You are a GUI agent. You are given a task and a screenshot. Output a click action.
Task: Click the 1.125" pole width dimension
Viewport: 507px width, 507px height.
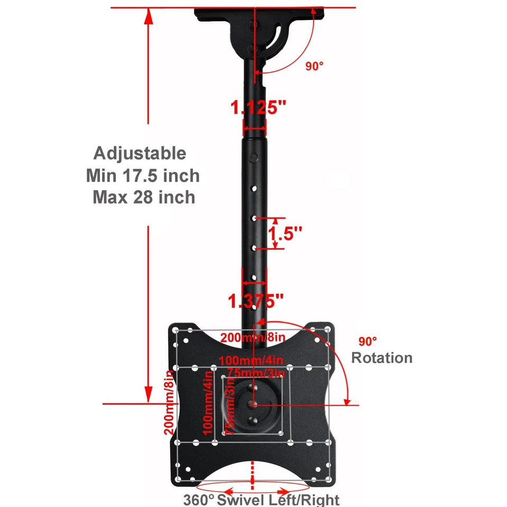(x=258, y=108)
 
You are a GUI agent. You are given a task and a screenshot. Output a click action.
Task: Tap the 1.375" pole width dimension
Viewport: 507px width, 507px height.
(x=256, y=302)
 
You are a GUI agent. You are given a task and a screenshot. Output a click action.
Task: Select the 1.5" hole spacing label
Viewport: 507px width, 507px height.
(x=286, y=233)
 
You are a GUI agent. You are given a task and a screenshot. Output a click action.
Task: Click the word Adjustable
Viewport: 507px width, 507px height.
(x=140, y=154)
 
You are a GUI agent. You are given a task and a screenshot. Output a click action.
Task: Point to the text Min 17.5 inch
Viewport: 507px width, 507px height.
(x=143, y=175)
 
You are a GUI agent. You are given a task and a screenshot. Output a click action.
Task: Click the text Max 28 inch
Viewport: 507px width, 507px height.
(x=144, y=197)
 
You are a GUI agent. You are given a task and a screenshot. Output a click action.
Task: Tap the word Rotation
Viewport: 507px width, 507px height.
(x=382, y=358)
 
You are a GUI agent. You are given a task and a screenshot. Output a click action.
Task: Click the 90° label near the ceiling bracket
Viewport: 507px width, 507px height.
(x=314, y=66)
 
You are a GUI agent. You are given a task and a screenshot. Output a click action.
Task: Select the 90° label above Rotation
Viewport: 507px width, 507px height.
(x=368, y=341)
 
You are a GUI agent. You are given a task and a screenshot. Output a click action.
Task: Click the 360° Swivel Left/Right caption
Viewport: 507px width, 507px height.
(x=261, y=499)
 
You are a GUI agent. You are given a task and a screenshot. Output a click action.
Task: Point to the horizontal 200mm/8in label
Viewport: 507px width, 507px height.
(x=253, y=337)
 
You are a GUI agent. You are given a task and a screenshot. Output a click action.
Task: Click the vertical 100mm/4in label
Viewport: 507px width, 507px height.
(x=208, y=403)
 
